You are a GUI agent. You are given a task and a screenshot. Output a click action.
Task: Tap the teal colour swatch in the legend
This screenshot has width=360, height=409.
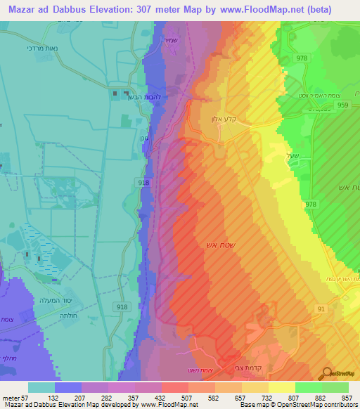[41, 387]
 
